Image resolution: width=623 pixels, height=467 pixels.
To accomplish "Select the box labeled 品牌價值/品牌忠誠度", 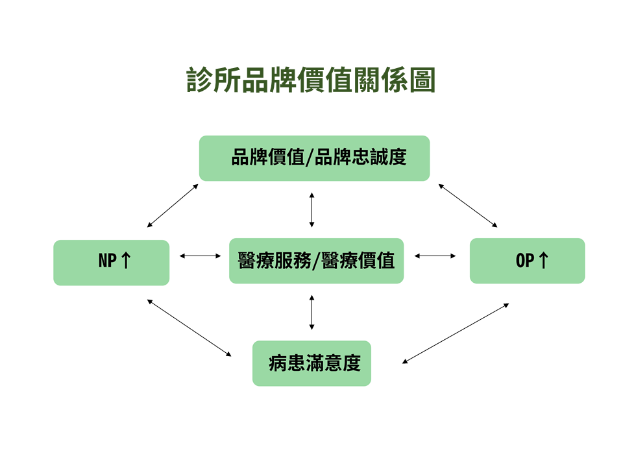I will pos(314,158).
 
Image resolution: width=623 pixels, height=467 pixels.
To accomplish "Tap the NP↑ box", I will pos(111,263).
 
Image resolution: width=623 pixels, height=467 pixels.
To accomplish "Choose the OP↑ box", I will pos(527,261).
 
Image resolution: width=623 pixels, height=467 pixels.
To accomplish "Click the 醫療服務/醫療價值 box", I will pos(316,261).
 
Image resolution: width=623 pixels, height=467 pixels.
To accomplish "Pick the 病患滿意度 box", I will pos(311,363).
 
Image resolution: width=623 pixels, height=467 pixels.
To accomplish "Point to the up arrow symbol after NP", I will pos(126,261).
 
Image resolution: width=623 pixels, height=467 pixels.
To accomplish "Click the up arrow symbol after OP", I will pos(543,261).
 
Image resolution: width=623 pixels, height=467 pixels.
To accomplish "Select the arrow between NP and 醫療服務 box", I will pos(200,256).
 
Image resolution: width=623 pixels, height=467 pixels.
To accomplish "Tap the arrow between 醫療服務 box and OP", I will pos(435,256).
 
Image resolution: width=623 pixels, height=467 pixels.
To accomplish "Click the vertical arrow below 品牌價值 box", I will pos(312,210).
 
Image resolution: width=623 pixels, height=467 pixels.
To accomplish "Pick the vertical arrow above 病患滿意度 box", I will pos(312,312).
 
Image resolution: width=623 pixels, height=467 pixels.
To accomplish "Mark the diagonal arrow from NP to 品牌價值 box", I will pos(173,206).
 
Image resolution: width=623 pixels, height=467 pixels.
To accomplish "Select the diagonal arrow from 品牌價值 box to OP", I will pos(468,206).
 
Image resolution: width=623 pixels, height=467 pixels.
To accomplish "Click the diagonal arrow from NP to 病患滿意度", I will pos(189,328).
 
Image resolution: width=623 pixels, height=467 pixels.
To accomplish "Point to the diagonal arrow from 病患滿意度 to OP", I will pos(456,333).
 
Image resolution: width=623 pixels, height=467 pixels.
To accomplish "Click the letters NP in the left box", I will pos(107,261).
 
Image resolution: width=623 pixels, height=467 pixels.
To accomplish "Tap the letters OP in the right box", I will pos(524,261).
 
